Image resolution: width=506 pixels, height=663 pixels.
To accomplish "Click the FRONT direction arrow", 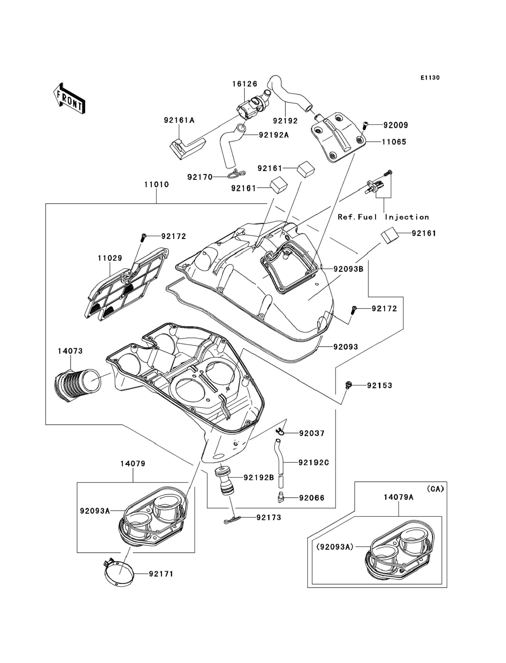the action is click(69, 98).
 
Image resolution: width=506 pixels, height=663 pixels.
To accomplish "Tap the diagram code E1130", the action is click(430, 78).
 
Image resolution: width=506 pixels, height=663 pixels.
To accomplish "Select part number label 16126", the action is click(245, 84).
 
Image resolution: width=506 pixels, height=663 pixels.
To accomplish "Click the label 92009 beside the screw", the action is click(396, 125).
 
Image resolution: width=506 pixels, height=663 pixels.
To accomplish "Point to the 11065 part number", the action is click(394, 142).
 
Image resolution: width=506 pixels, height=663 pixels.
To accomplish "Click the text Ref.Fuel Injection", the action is click(383, 217).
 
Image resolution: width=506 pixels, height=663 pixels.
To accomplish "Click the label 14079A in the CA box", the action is click(399, 497).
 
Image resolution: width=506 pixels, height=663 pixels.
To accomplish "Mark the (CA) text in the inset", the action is click(435, 489).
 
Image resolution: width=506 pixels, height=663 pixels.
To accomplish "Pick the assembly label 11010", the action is click(156, 184).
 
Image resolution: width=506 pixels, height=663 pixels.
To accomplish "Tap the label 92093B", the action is click(348, 269).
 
